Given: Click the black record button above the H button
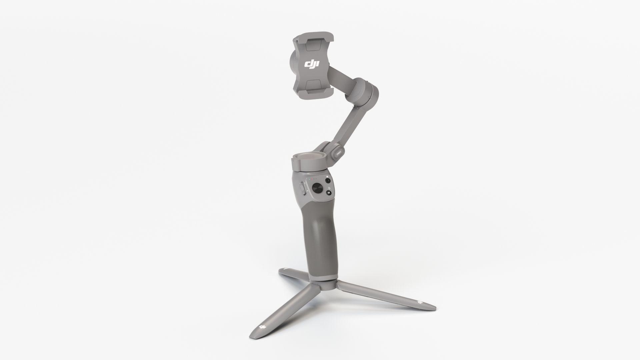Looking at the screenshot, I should tap(328, 181).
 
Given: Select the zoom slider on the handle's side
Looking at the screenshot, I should tap(303, 189).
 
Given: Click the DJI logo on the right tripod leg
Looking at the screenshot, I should tap(419, 302).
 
